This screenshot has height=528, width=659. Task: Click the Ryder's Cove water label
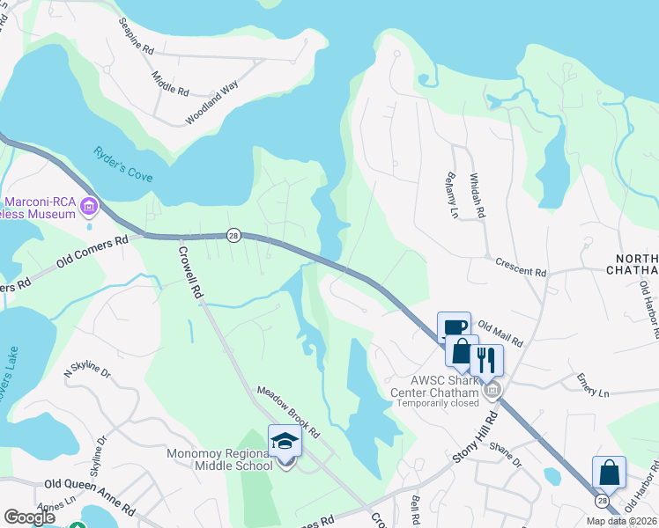tap(123, 164)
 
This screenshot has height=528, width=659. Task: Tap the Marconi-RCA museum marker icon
tap(88, 208)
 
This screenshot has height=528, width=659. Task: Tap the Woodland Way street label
tap(211, 103)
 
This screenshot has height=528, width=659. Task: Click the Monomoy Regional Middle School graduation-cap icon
tap(285, 440)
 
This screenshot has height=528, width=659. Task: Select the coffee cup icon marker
tap(455, 327)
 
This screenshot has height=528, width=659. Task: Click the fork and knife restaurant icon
tap(485, 359)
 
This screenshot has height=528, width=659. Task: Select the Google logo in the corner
tap(30, 517)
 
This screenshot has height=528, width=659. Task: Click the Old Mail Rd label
tap(500, 334)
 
